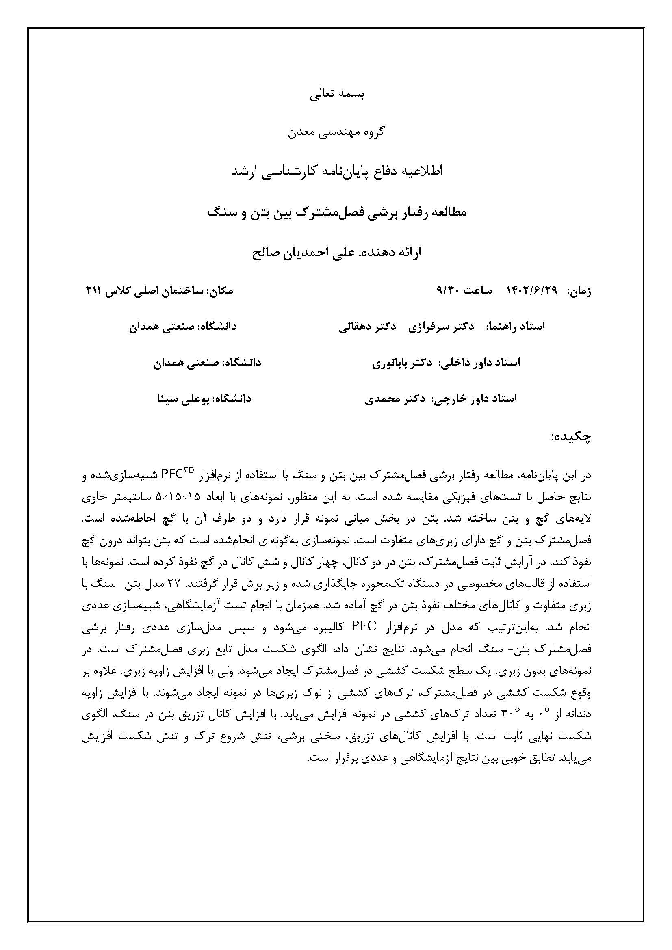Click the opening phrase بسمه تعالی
click(337, 94)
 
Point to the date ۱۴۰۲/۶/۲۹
click(532, 291)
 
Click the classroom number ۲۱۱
click(93, 291)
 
